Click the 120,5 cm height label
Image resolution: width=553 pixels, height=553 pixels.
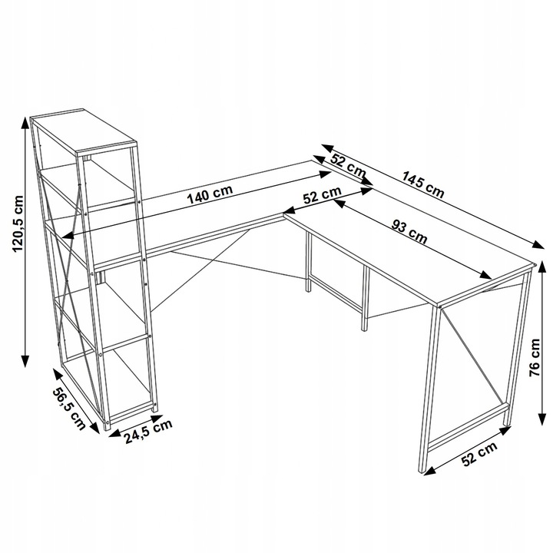[x=17, y=224]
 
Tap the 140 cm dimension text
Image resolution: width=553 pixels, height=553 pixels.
[x=210, y=194]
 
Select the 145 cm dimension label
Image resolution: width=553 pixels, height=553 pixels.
[x=423, y=184]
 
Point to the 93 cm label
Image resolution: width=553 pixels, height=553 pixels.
[x=409, y=232]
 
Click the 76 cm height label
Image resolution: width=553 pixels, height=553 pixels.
[x=535, y=358]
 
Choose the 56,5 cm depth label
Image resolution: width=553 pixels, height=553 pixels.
[x=69, y=409]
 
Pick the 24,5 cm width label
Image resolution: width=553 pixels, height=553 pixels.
[x=148, y=432]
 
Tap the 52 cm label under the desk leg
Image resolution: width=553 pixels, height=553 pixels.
[x=479, y=453]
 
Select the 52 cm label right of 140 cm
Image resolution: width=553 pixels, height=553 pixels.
[x=323, y=194]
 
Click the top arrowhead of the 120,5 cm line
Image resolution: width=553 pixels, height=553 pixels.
[x=25, y=122]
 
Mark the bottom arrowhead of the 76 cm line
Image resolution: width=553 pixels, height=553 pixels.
[x=543, y=419]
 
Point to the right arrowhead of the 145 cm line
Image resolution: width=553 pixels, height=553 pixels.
[x=538, y=245]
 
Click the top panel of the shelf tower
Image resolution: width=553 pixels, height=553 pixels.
[x=83, y=131]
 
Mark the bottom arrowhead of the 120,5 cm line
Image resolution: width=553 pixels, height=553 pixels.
[x=25, y=360]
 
